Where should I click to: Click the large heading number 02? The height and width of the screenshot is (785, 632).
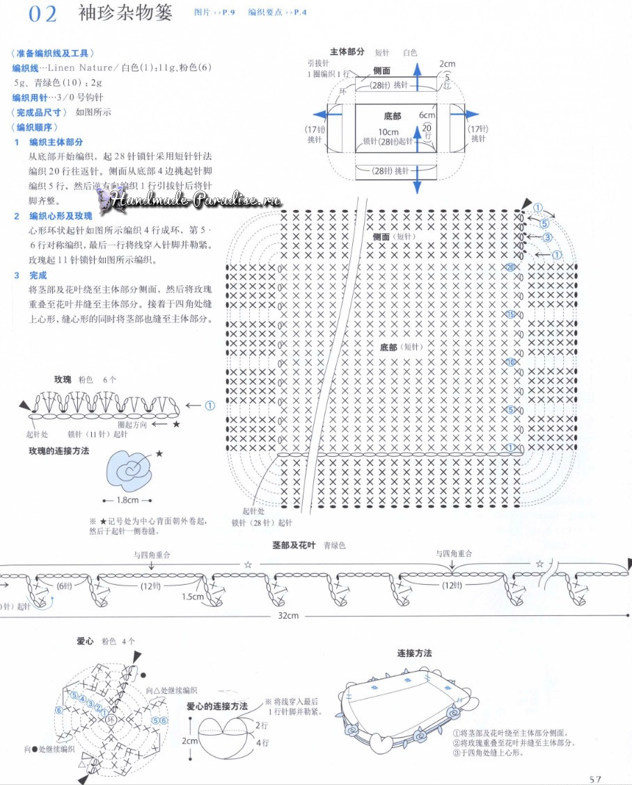(x=42, y=15)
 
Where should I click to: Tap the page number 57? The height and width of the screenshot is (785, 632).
(x=594, y=779)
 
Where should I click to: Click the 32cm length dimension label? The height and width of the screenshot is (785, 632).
(x=288, y=615)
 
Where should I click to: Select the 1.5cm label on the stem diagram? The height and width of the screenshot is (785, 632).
(x=193, y=597)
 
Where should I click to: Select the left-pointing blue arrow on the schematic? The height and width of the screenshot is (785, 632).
(x=322, y=115)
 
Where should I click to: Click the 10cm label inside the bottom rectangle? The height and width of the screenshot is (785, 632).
(x=388, y=132)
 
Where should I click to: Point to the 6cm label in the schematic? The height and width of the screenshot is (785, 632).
(x=426, y=115)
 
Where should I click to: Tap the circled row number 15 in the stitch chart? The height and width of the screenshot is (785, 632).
(x=510, y=314)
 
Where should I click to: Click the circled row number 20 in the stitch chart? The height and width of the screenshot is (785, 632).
(x=510, y=267)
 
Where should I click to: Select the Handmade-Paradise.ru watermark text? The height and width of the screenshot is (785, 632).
(x=195, y=200)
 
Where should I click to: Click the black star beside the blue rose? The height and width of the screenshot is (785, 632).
(x=159, y=453)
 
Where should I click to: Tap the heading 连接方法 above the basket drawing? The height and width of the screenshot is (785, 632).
(x=414, y=654)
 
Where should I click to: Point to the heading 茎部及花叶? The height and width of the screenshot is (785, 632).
(x=291, y=546)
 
